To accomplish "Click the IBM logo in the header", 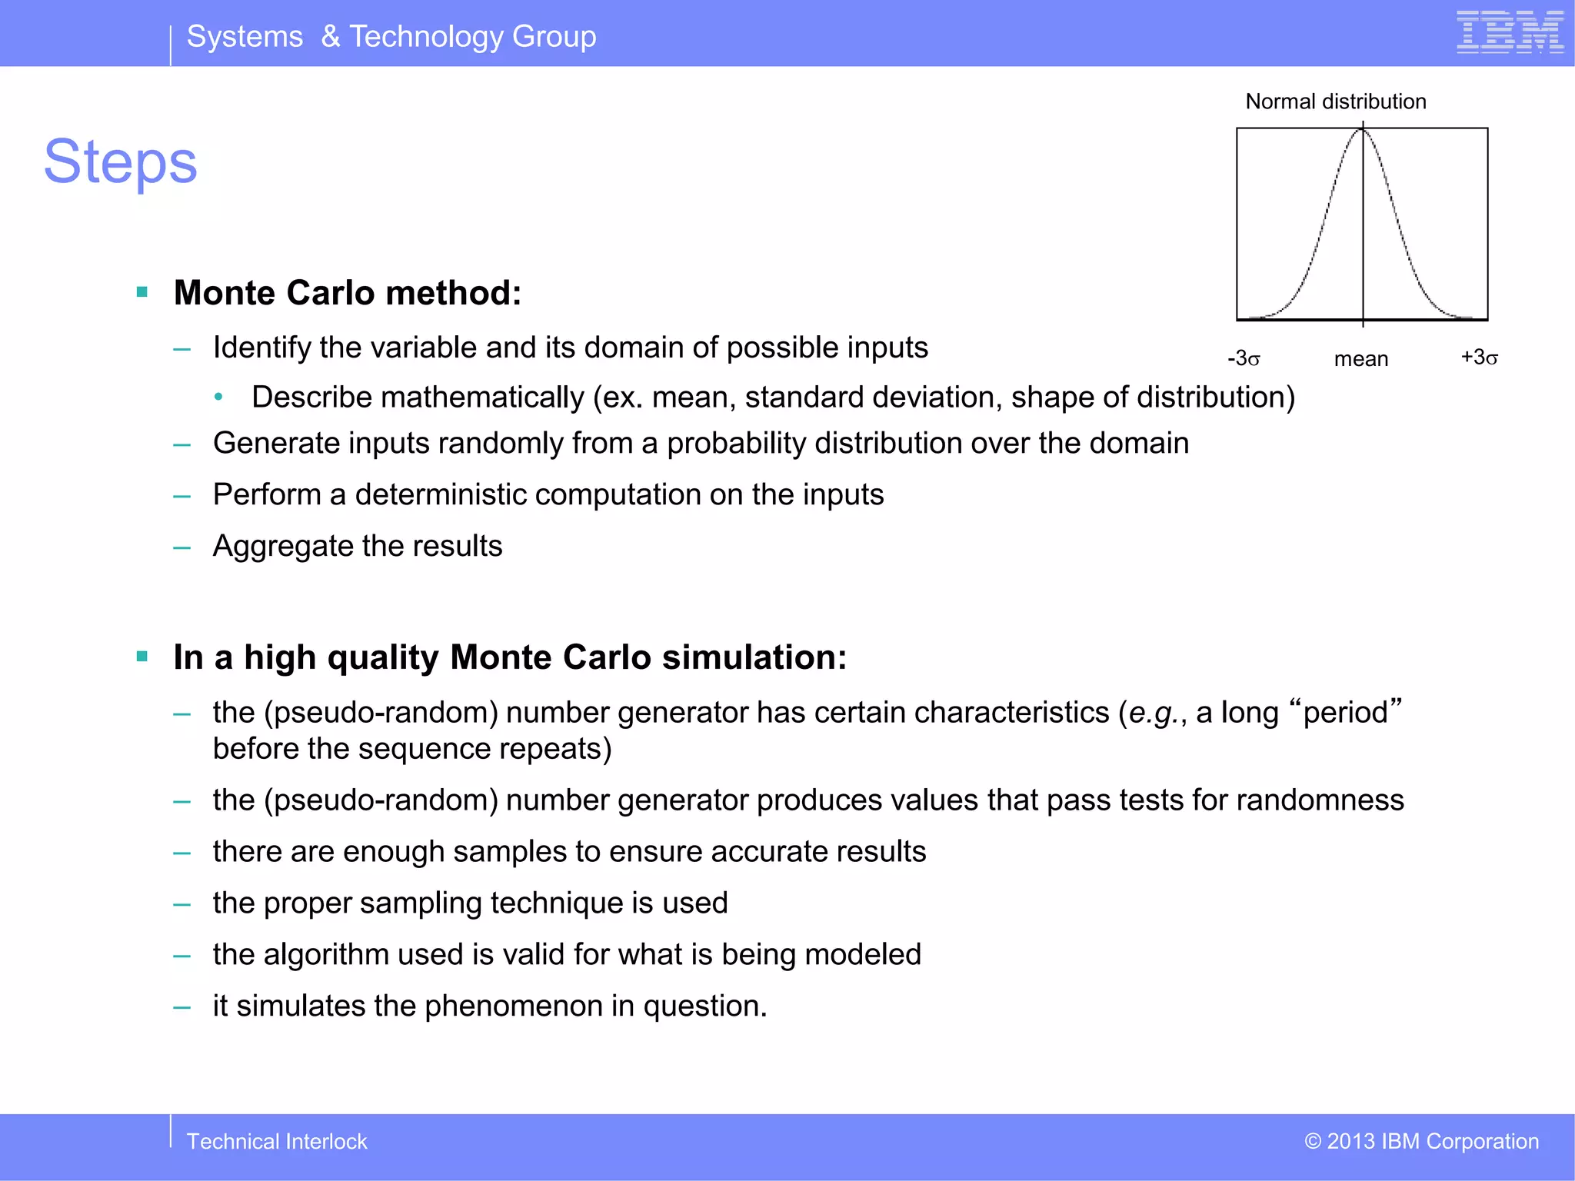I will pyautogui.click(x=1510, y=32).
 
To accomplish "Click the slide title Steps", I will pyautogui.click(x=121, y=162).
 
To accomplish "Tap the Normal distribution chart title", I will pyautogui.click(x=1335, y=101).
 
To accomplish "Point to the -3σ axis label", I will pyautogui.click(x=1243, y=358).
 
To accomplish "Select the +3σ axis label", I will pyautogui.click(x=1479, y=358).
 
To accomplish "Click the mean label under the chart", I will pyautogui.click(x=1360, y=359).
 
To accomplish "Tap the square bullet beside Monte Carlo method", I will pyautogui.click(x=142, y=292).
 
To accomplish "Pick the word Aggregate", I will pyautogui.click(x=282, y=546).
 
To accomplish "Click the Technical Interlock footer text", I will pyautogui.click(x=277, y=1141).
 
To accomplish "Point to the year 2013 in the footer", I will pyautogui.click(x=1350, y=1141).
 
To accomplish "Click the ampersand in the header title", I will pyautogui.click(x=330, y=36).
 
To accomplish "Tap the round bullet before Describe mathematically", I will pyautogui.click(x=219, y=398).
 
